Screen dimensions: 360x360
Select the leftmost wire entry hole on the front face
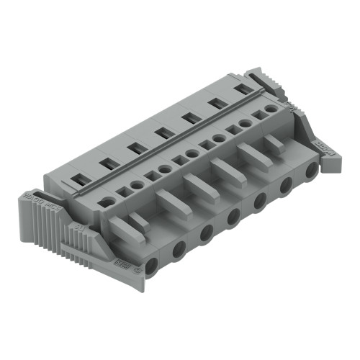point(152,267)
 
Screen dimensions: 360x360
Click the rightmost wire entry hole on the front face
point(311,171)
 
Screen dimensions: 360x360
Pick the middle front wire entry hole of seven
point(233,217)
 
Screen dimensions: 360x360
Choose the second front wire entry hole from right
point(286,186)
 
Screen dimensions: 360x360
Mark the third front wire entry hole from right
point(260,202)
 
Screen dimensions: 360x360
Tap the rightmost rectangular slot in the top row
point(245,89)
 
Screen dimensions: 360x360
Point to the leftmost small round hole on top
point(106,202)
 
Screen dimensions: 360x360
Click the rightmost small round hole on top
point(270,109)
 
